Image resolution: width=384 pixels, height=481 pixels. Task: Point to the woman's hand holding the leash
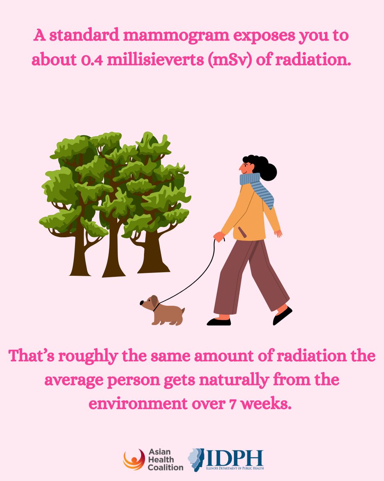tap(219, 236)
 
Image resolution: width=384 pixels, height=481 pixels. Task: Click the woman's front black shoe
tap(219, 321)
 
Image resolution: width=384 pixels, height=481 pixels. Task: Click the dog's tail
tap(183, 311)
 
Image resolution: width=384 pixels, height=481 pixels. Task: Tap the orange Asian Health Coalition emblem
tap(134, 459)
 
